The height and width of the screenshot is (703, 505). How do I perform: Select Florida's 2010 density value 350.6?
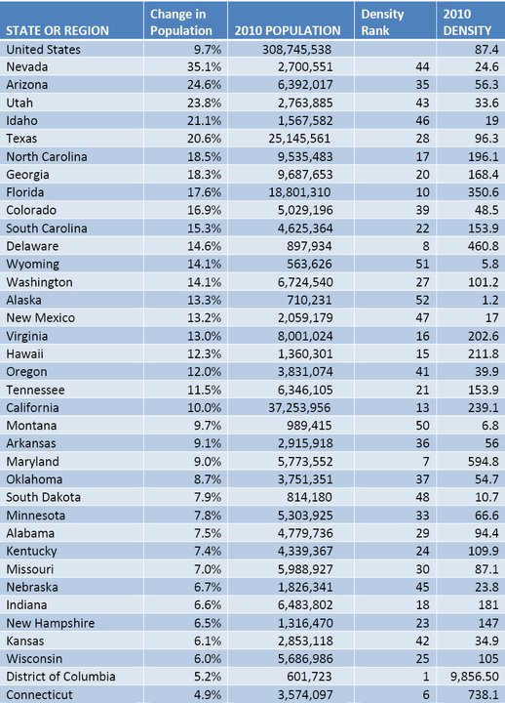(482, 191)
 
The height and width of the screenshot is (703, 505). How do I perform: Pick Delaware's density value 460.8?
(482, 245)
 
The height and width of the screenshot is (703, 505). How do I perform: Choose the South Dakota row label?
(45, 496)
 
